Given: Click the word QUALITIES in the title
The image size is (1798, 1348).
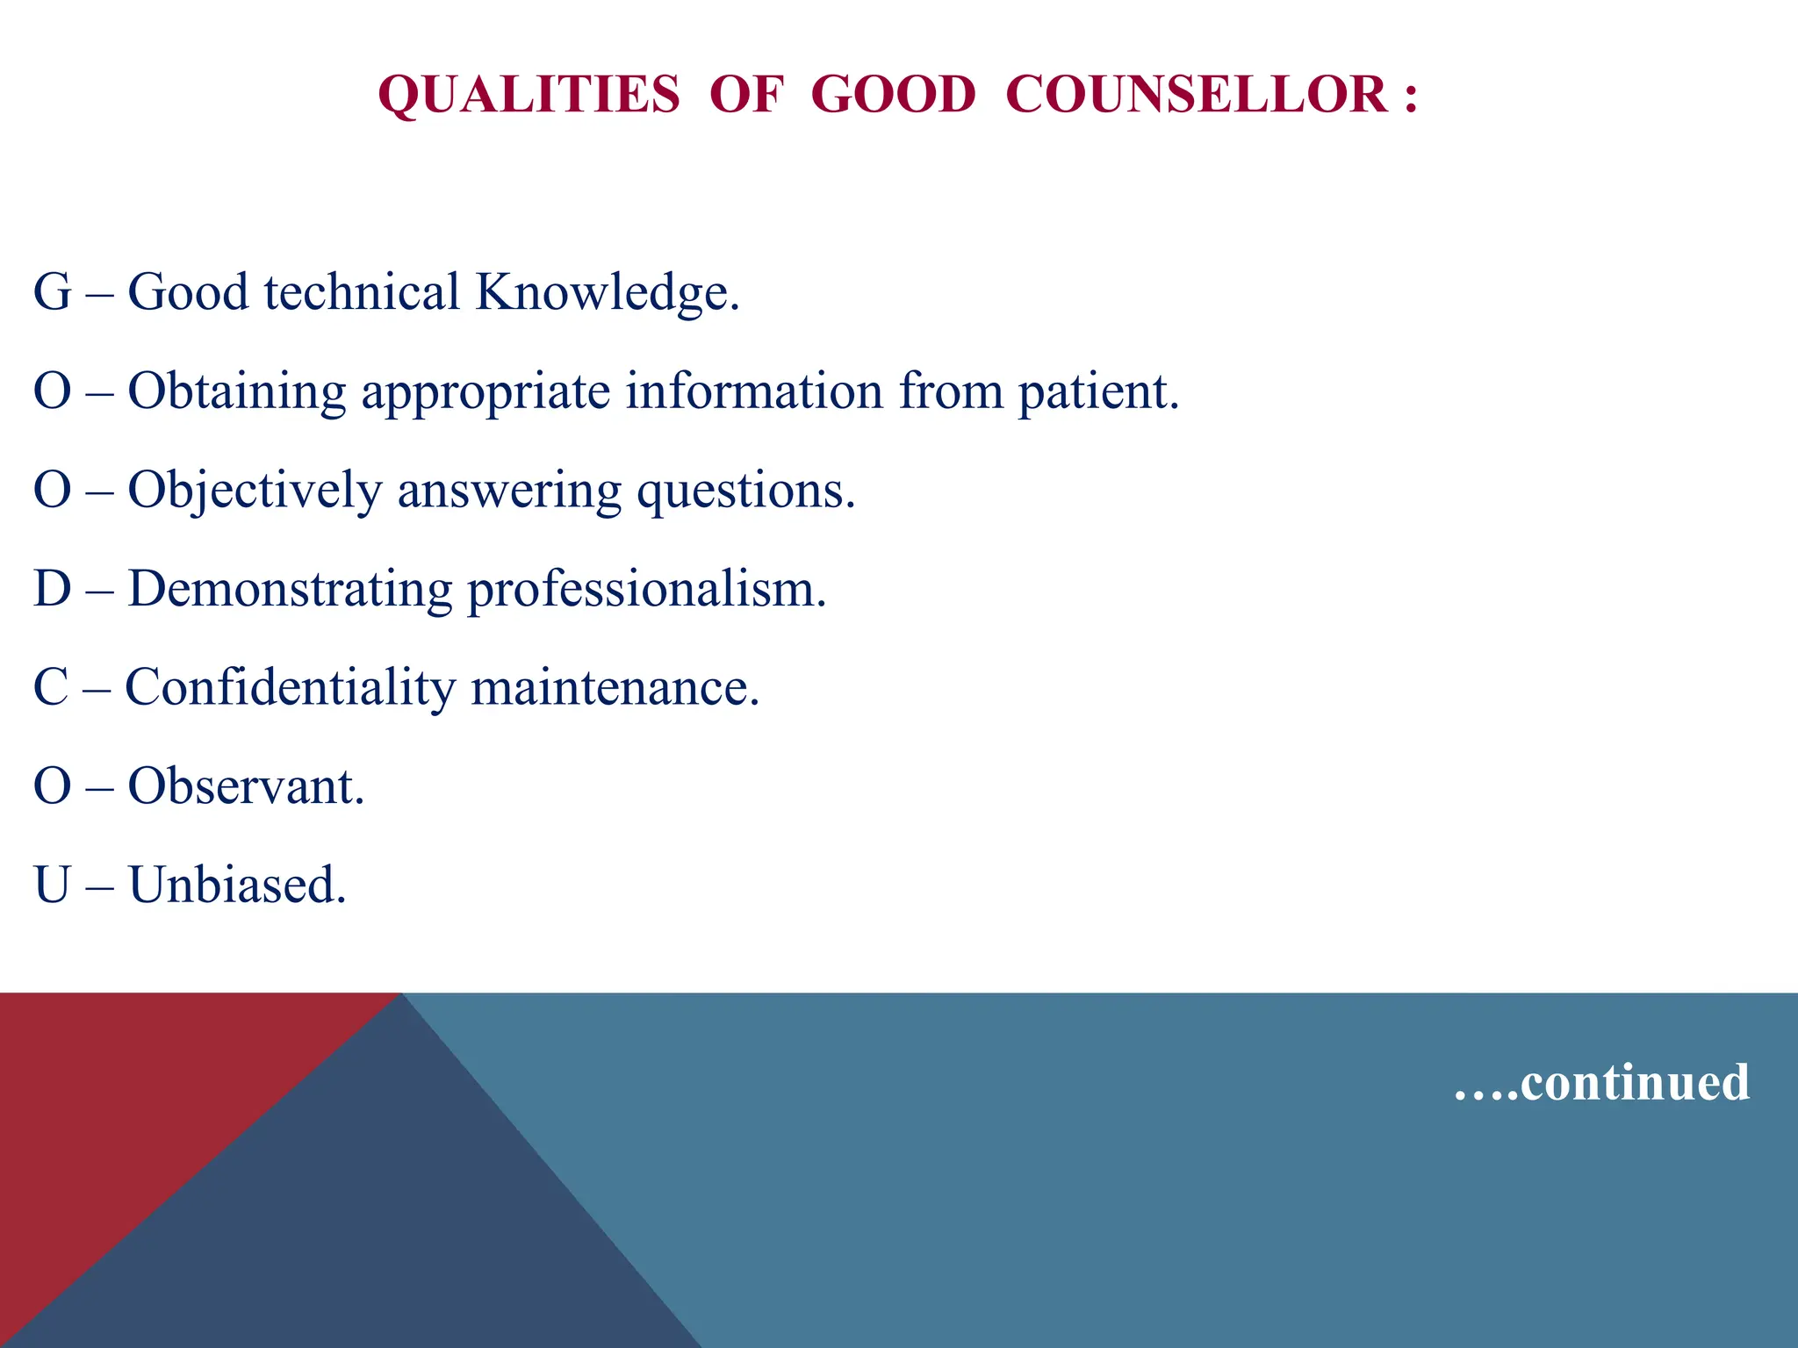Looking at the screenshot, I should coord(529,95).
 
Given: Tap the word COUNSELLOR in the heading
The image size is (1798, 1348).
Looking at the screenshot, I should coord(1196,95).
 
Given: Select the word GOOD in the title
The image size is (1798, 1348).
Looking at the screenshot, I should coord(893,95).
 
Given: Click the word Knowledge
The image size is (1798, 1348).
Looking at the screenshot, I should coord(607,292).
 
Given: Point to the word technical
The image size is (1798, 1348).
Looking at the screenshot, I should coord(362,292).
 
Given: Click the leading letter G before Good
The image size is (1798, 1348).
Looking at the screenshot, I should coord(52,292).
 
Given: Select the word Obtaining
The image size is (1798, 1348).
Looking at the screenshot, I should coord(237,391).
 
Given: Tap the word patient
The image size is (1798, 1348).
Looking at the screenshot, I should coord(1097,391).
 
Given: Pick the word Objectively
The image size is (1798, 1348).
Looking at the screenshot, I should coord(255,491).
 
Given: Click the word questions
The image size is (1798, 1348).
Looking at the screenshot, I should coord(745,491).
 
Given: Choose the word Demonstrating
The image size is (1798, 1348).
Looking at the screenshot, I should coord(290,589).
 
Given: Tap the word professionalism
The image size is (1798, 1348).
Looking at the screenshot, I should coord(646,589).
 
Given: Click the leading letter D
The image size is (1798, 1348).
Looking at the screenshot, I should coord(52,589).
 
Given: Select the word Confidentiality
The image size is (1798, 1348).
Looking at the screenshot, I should coord(290,687).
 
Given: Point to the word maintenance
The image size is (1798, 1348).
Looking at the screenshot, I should coord(615,687).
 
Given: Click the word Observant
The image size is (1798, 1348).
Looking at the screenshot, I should coord(245,786).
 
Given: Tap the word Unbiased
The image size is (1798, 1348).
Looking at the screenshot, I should coord(237,885).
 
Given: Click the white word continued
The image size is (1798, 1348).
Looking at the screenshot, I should coord(1634,1082).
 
